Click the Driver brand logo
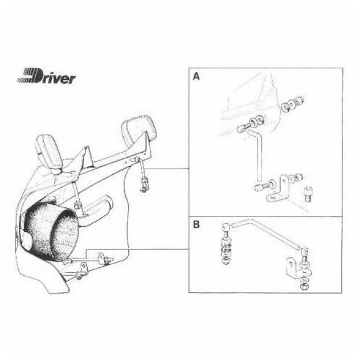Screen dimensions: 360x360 click(47, 76)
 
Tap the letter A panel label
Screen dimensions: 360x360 click(196, 77)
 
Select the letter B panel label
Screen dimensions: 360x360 click(197, 224)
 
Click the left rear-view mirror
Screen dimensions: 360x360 click(50, 153)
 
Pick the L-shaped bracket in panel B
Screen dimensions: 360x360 click(296, 268)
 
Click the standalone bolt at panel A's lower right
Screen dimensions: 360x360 click(308, 194)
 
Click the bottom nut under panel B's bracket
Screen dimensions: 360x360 click(305, 287)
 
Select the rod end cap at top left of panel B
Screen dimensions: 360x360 click(226, 228)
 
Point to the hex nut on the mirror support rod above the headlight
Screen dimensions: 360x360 click(77, 205)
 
